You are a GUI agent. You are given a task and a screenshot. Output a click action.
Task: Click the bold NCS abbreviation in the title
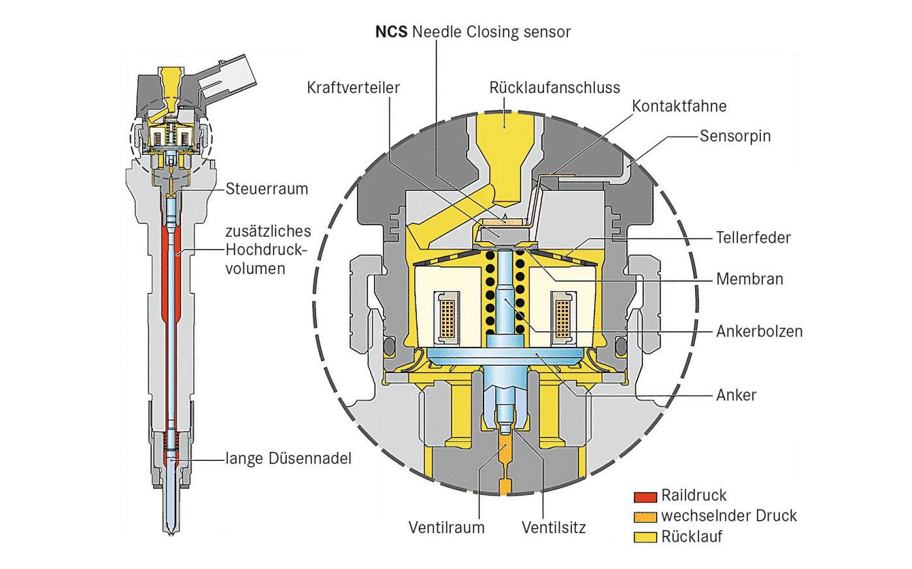coord(391,31)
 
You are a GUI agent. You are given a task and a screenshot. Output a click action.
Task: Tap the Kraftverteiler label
coord(353,87)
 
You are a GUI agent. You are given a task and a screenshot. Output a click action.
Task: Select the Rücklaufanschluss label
coord(554,87)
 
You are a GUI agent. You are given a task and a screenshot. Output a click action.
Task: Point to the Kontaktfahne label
coord(679,105)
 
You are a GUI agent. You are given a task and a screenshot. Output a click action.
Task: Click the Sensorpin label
coord(735,135)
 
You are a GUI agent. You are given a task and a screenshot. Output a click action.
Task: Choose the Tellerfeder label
coord(753,237)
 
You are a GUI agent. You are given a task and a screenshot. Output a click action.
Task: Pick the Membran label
coord(749,279)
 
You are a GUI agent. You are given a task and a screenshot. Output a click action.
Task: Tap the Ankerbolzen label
coord(759,331)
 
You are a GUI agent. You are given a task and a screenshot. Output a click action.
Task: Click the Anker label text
coord(736,395)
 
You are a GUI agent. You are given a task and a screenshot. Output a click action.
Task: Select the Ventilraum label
coord(446,527)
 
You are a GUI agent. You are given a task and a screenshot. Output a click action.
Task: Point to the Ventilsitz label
coord(553,527)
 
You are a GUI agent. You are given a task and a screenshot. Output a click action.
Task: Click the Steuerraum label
coord(266,189)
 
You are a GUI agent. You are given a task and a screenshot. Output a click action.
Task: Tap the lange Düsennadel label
coord(288,458)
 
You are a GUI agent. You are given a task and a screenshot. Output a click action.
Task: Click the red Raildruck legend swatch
coord(645,497)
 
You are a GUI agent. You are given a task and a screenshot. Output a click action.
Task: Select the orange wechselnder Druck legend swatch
coord(645,518)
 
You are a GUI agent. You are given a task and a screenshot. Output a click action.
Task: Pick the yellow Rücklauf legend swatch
coord(645,538)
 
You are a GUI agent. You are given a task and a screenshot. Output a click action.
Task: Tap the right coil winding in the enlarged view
coord(562,316)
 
